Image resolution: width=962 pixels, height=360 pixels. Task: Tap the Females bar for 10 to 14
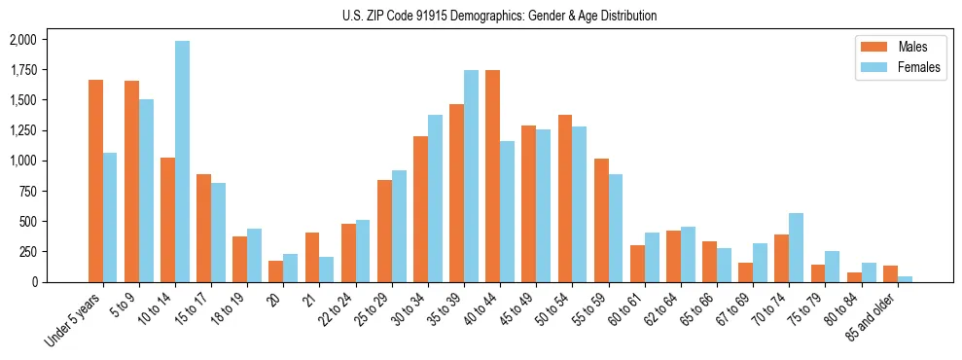coord(183,162)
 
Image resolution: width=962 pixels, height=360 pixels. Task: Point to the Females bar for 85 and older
coord(905,279)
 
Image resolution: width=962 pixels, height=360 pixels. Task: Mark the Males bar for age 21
coord(312,257)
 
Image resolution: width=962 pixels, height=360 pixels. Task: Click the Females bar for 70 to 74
coord(796,247)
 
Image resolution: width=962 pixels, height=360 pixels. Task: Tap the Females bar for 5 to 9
coord(146,191)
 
